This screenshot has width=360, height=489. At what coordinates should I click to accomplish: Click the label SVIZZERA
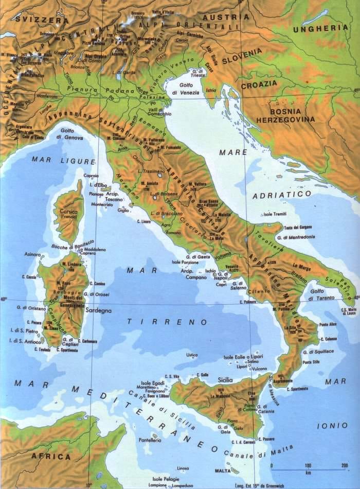click(42, 20)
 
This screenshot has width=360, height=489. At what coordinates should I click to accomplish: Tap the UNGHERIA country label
click(320, 28)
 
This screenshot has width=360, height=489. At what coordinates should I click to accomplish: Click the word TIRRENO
click(167, 322)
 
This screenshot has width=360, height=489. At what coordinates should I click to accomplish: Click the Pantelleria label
click(150, 440)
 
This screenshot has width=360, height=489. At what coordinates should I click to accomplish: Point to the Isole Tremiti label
click(274, 213)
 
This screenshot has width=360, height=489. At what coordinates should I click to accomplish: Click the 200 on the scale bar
click(344, 465)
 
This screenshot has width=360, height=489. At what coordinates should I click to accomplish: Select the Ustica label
click(192, 355)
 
